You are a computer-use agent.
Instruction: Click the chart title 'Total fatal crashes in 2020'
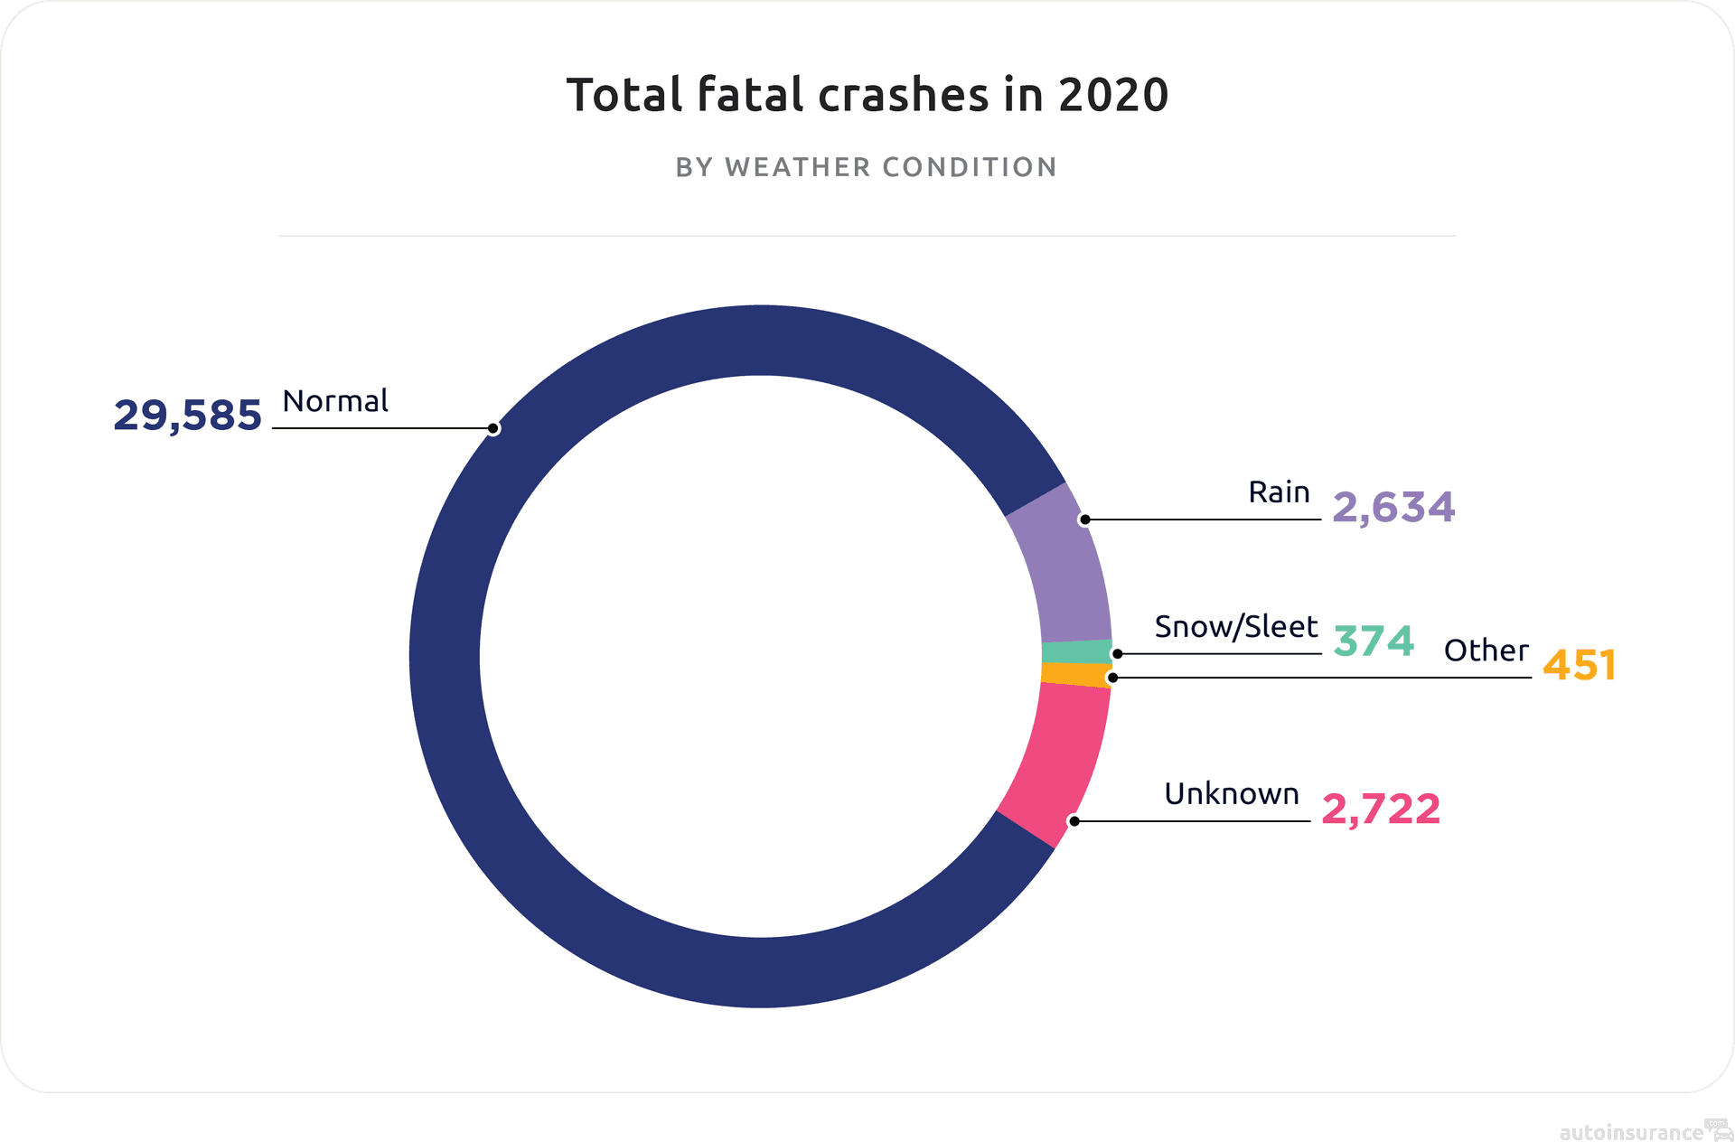tap(867, 95)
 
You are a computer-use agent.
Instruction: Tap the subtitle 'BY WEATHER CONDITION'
tap(867, 167)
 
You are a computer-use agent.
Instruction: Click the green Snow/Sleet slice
tap(1076, 652)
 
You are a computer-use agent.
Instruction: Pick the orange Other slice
tap(1075, 675)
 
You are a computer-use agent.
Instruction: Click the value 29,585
tap(187, 416)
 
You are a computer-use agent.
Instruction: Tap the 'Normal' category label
tap(335, 401)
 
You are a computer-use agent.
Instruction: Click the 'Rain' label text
tap(1279, 492)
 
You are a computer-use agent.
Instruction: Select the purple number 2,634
tap(1393, 508)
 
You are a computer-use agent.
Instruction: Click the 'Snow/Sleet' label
tap(1235, 627)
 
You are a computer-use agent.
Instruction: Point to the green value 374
tap(1374, 641)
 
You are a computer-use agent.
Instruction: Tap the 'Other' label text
tap(1486, 651)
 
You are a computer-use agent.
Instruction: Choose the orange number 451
tap(1579, 665)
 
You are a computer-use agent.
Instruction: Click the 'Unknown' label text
tap(1231, 794)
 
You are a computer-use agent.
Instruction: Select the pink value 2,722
tap(1381, 810)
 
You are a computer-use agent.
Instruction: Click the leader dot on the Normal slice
tap(493, 428)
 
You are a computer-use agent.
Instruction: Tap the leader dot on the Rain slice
tap(1085, 520)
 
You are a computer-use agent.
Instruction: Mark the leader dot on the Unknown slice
tap(1074, 821)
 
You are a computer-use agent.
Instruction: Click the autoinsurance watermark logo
tap(1643, 1131)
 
